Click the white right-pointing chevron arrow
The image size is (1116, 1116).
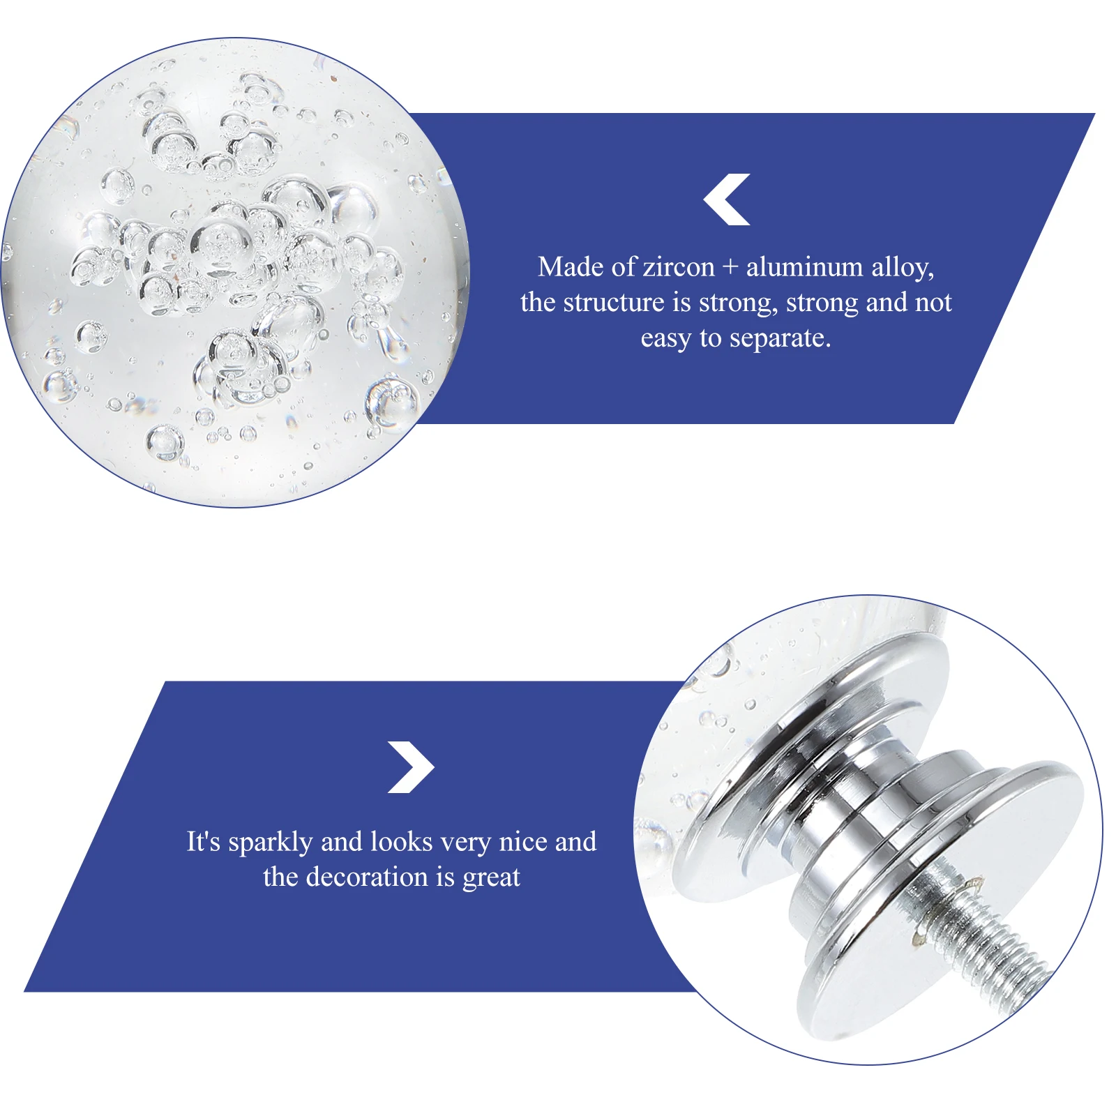pos(413,767)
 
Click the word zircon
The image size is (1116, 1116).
pos(678,267)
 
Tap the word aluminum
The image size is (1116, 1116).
pos(804,267)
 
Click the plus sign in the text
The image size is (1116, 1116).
pos(730,268)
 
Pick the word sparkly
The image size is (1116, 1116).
pos(270,843)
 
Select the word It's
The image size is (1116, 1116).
pos(203,842)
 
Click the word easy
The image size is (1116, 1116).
pos(665,339)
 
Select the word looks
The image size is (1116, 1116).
pos(401,842)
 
